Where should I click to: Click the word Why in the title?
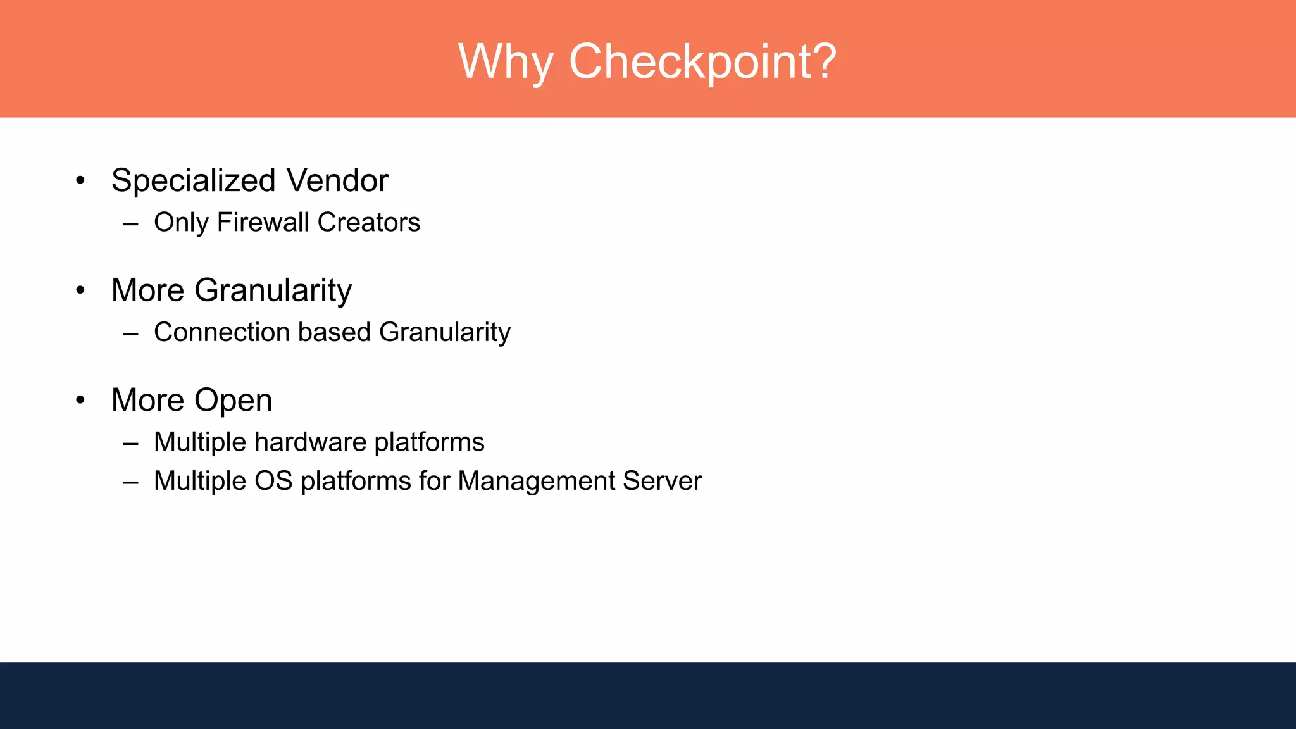505,62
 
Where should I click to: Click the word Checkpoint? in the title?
702,62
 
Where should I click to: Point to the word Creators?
368,222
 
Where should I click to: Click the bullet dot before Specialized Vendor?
80,181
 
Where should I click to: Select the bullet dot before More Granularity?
80,290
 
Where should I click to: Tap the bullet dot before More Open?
80,400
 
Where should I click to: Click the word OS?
273,481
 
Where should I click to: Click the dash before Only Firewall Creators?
131,224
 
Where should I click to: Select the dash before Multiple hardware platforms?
131,444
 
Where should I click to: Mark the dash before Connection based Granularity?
131,333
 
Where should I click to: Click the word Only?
181,223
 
